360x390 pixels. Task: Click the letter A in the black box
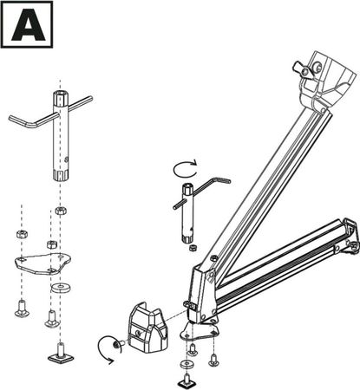point(27,27)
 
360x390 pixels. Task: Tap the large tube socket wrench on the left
point(62,139)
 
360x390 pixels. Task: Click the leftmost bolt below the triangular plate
point(21,305)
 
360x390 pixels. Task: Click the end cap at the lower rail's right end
point(350,238)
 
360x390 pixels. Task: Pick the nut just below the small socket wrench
point(190,249)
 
